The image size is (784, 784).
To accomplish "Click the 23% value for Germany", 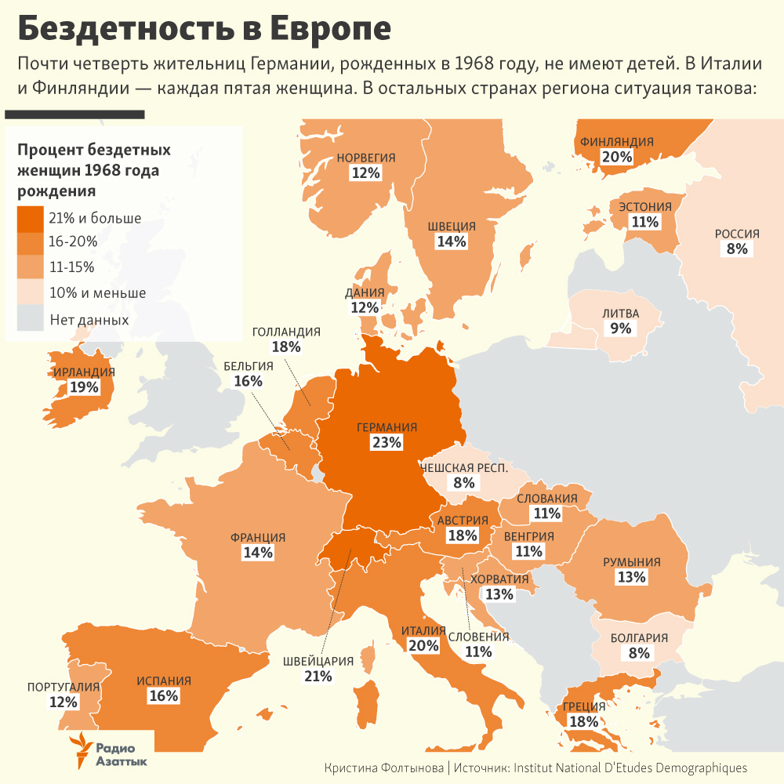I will pos(387,443).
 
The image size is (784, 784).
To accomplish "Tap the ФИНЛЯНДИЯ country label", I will pos(617,142).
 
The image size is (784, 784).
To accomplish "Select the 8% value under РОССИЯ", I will pos(737,249).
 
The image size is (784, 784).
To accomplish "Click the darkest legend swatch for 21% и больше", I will pos(31,218).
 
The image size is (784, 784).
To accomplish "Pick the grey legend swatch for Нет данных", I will pos(31,319).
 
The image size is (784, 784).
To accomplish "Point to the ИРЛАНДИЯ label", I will pos(85,372).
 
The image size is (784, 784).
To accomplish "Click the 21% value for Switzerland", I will pos(318,676).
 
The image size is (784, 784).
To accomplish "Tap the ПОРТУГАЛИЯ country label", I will pos(64,688).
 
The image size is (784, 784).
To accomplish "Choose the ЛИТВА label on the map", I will pos(621,314).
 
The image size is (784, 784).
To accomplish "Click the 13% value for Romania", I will pos(631,578).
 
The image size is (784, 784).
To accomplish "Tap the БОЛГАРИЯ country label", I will pos(639,637).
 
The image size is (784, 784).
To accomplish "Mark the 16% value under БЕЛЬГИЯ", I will pos(248,381).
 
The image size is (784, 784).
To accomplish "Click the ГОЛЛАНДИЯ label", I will pos(286,332).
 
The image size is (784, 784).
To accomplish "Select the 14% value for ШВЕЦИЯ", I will pos(452,241).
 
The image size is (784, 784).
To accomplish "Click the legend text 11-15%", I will pos(71,267).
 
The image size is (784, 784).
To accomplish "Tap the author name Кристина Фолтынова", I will pos(384,768).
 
